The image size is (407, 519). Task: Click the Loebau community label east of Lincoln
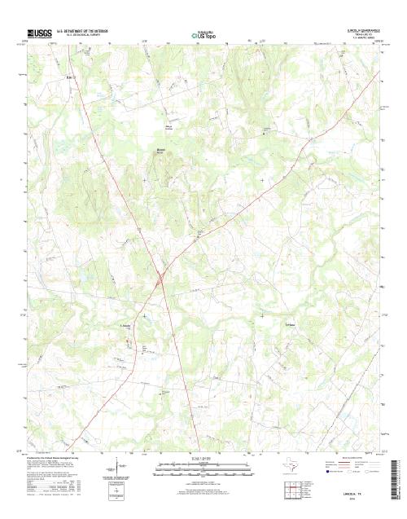(x=268, y=328)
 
